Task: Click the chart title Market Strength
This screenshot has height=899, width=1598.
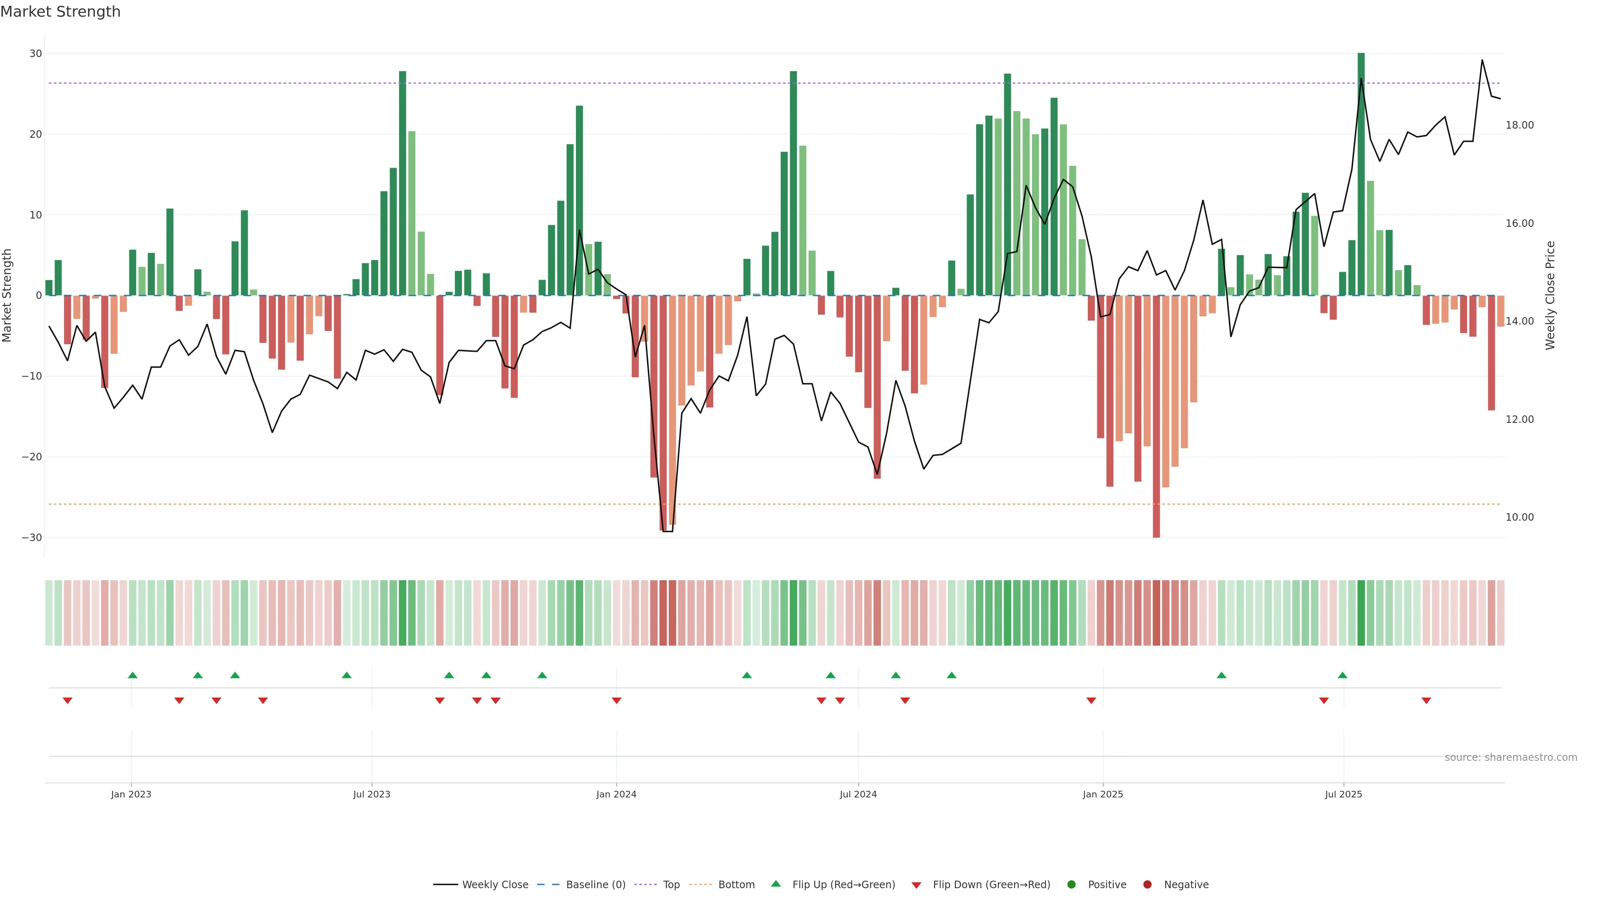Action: (60, 12)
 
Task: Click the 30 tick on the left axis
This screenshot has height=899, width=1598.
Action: (35, 53)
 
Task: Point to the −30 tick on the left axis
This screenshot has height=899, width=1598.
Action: (32, 538)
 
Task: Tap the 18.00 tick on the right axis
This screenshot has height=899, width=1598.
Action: (1519, 125)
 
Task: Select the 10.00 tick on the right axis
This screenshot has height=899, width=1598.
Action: (1519, 517)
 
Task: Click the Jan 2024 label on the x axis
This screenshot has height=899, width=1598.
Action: (616, 794)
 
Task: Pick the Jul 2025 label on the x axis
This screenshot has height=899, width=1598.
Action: (1343, 794)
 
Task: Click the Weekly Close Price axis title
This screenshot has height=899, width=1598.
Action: (1550, 296)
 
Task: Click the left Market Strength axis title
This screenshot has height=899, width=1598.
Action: (7, 296)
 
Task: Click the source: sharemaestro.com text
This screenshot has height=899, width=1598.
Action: (1511, 757)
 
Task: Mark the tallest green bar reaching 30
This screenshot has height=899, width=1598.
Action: (1361, 174)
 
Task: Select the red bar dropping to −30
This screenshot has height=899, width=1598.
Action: (1156, 416)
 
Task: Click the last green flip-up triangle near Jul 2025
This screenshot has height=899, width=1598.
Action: (1342, 675)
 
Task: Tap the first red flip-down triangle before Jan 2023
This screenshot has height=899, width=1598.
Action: (67, 700)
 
